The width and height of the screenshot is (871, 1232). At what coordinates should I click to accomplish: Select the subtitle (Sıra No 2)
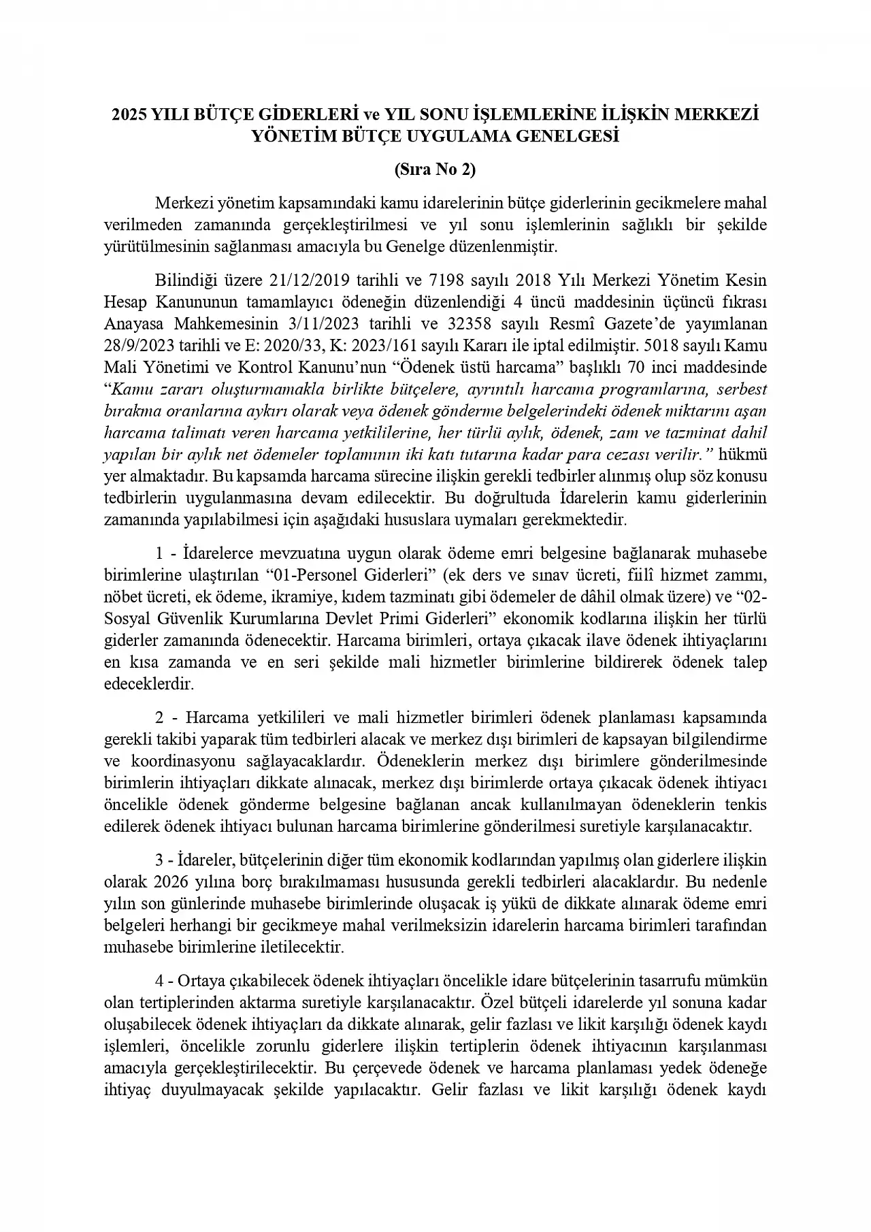[x=435, y=169]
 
